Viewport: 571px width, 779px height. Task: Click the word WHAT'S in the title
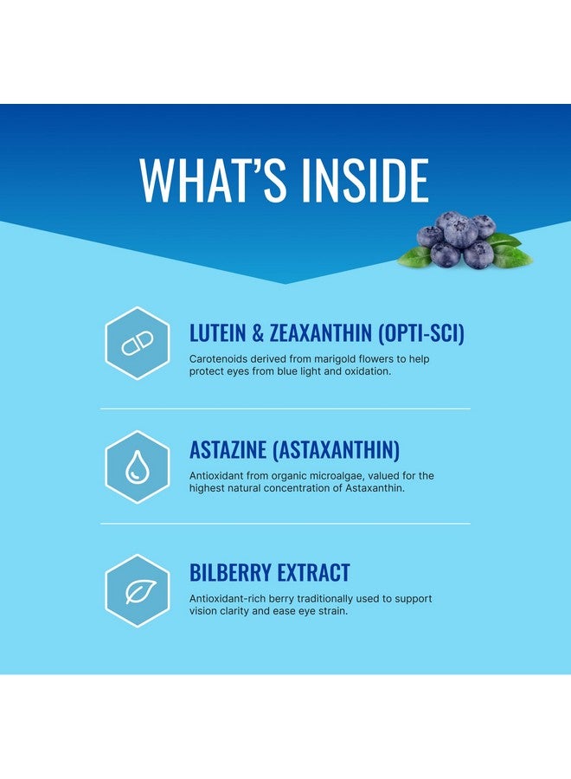213,180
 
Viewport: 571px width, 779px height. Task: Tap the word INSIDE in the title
365,180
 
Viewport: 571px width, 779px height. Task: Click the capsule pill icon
138,344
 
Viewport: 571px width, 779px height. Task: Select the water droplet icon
137,467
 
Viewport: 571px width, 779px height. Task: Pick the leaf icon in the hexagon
140,591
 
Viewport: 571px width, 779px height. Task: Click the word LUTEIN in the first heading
217,333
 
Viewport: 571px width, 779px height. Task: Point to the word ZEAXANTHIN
321,333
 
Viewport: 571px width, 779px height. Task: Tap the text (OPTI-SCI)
421,333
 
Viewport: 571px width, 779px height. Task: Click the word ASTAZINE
228,450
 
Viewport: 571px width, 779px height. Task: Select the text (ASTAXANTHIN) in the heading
337,450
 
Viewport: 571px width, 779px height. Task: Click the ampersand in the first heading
258,333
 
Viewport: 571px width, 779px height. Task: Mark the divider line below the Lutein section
285,409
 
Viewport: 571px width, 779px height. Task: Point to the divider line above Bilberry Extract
285,524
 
